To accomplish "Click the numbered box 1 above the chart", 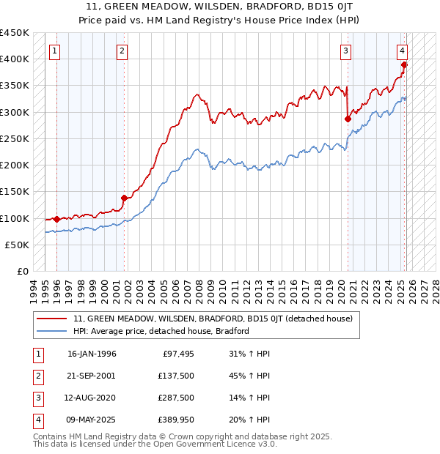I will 56,51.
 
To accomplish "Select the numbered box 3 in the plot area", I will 345,51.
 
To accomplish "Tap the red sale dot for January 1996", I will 56,219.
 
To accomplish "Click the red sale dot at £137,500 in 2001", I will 125,198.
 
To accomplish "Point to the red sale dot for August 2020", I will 348,118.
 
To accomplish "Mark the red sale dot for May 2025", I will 404,64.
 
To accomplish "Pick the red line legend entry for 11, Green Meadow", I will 213,319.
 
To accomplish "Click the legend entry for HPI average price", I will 161,331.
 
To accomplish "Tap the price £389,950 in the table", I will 175,420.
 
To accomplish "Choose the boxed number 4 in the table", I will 37,420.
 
